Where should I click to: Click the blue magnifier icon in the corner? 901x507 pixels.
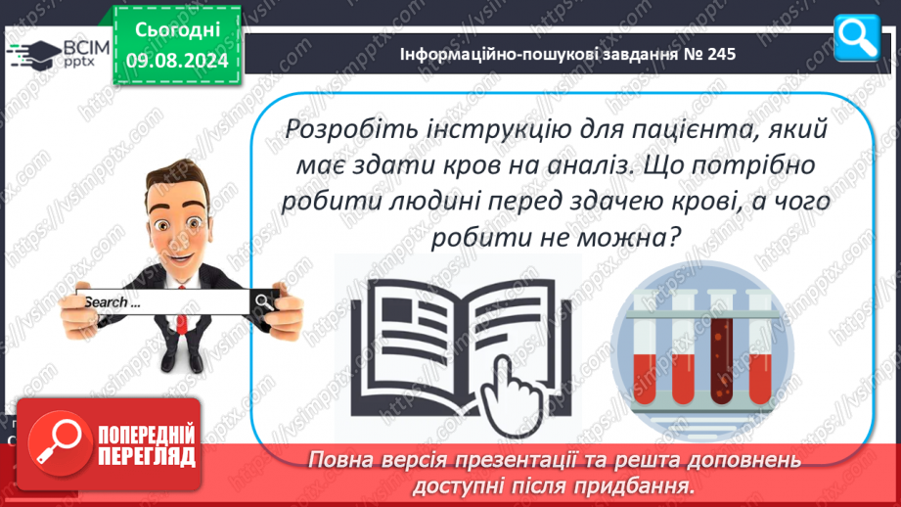[856, 37]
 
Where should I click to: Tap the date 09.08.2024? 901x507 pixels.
[177, 61]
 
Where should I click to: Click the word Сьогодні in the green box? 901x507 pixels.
[177, 30]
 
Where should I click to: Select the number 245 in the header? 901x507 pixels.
[721, 54]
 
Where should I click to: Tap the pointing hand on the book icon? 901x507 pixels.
[513, 397]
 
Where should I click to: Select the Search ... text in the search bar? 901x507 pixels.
[112, 302]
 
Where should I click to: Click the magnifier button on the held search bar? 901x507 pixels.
[264, 301]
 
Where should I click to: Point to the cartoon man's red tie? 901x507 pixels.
[182, 311]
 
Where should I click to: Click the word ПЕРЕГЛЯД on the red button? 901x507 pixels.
[147, 457]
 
